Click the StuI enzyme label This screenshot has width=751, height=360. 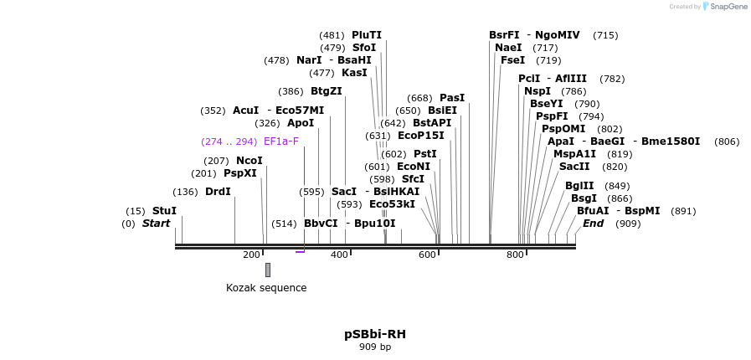(x=164, y=211)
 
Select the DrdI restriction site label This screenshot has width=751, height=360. (x=218, y=192)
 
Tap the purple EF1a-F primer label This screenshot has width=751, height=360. (x=280, y=141)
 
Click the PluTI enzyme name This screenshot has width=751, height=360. (x=367, y=35)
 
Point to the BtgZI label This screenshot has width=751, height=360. (x=327, y=91)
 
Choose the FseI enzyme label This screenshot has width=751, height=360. (x=512, y=60)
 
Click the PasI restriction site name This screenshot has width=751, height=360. (x=452, y=98)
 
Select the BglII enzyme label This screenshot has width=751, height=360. (x=579, y=186)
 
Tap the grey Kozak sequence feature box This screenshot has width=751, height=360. (x=268, y=270)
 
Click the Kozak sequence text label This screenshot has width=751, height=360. (x=266, y=288)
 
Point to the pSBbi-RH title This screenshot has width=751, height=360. (x=375, y=334)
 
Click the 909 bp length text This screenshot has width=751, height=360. (x=375, y=347)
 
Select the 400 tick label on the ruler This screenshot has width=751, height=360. (x=339, y=255)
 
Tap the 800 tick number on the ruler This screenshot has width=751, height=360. (x=515, y=255)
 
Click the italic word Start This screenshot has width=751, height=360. (x=156, y=224)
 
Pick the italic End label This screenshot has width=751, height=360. (x=593, y=224)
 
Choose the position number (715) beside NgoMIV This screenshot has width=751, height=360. (x=605, y=35)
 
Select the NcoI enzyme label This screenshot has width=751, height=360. (x=249, y=161)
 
